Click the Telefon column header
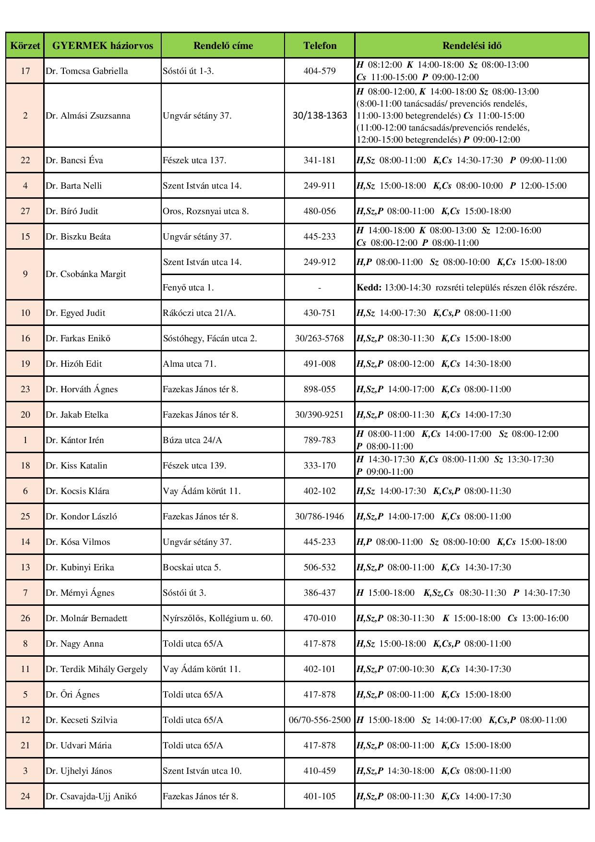(320, 46)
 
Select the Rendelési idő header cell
(472, 46)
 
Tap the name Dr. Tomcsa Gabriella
(87, 71)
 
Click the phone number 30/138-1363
(320, 116)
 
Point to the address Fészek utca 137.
(194, 160)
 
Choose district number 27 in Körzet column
(25, 211)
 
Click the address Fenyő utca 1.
(188, 288)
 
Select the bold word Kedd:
(369, 288)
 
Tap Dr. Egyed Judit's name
(75, 313)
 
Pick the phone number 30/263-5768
(320, 338)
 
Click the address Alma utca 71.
(190, 364)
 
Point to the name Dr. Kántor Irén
(75, 440)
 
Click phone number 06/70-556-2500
(320, 720)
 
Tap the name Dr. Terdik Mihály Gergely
(96, 669)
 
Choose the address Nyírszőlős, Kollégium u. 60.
(218, 618)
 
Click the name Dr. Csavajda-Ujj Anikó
(91, 796)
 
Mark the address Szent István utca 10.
(202, 771)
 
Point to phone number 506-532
(320, 567)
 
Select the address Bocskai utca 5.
(192, 567)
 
